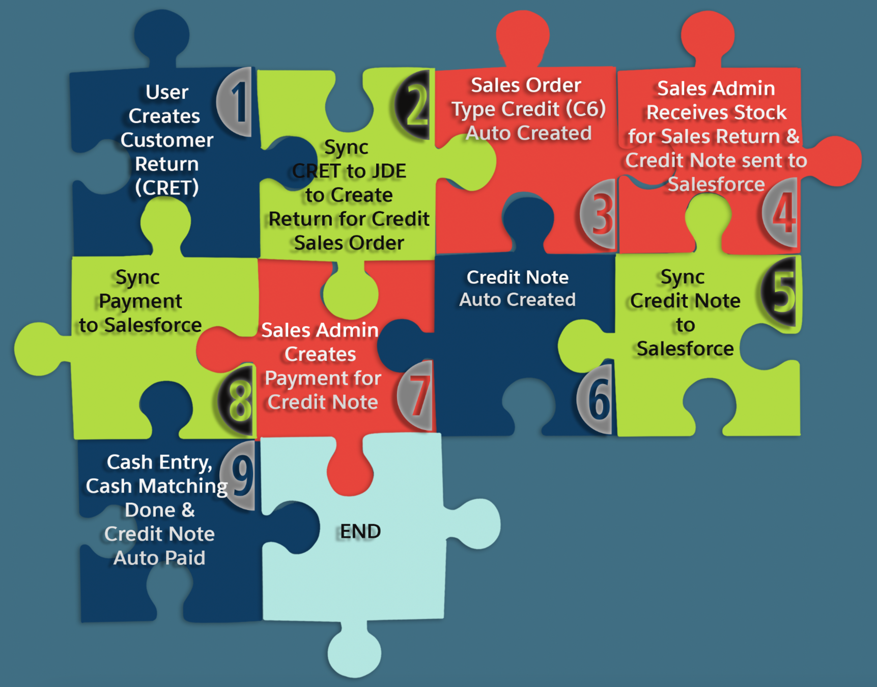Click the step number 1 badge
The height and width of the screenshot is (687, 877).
[237, 102]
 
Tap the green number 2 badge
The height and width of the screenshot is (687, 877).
[415, 104]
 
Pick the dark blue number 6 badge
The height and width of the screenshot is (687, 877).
[597, 399]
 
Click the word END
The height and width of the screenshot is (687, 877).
[360, 532]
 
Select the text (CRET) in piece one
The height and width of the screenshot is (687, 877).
[167, 188]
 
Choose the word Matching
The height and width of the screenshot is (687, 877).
[183, 486]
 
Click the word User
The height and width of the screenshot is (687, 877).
[167, 92]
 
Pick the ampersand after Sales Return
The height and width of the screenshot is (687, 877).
[793, 136]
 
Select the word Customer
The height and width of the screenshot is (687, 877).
[167, 140]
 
